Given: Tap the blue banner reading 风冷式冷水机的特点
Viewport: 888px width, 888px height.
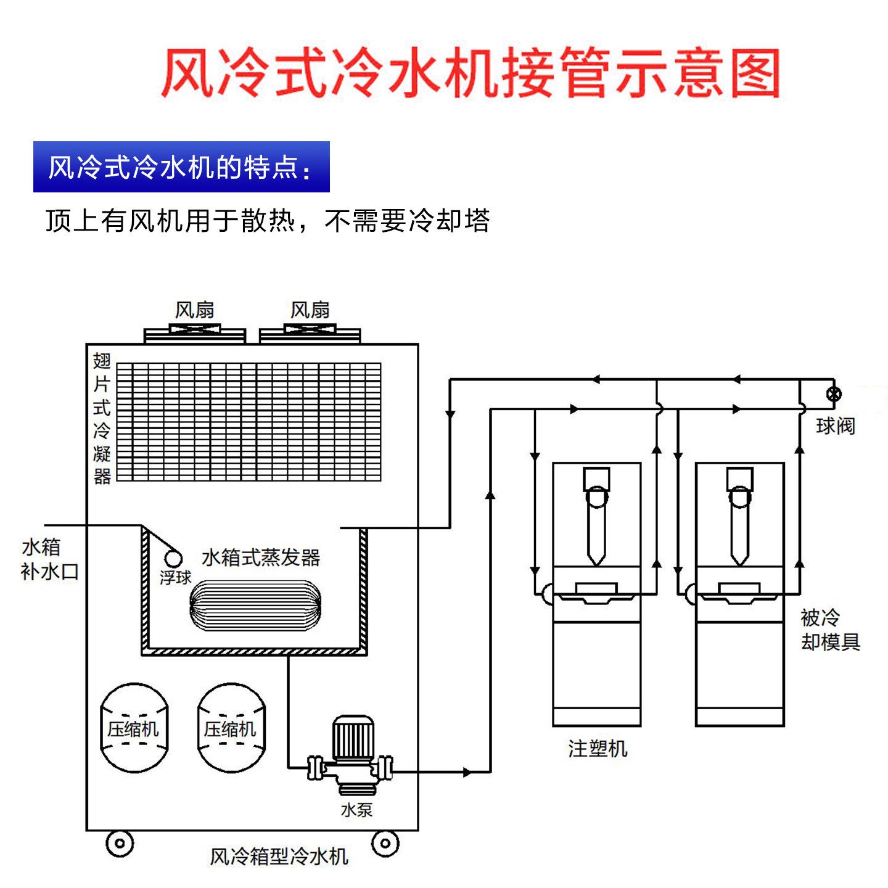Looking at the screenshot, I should pyautogui.click(x=181, y=167).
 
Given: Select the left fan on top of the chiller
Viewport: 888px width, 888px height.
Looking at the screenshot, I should pyautogui.click(x=195, y=333).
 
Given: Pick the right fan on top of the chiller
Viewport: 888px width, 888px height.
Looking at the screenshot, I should pyautogui.click(x=310, y=333).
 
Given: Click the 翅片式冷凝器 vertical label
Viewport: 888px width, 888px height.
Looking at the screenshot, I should pyautogui.click(x=102, y=418).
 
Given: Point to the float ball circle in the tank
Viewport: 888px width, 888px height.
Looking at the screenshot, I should pyautogui.click(x=173, y=558).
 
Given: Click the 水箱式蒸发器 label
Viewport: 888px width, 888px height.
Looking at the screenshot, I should pyautogui.click(x=261, y=557).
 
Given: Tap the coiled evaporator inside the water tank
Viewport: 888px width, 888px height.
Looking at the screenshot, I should pyautogui.click(x=255, y=605).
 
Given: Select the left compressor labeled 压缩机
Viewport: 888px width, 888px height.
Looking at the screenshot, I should pyautogui.click(x=134, y=728).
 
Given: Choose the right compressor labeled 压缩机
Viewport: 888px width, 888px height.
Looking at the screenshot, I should pyautogui.click(x=231, y=728).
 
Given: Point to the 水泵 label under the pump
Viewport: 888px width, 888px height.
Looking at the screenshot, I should pyautogui.click(x=356, y=810).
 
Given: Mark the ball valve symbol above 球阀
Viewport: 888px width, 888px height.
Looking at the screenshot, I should pyautogui.click(x=834, y=394).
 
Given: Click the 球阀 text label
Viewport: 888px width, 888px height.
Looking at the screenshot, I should pyautogui.click(x=835, y=425).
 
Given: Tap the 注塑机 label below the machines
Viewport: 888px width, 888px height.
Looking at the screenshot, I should pyautogui.click(x=597, y=749).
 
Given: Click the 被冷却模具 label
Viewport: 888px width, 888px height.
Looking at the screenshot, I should pyautogui.click(x=829, y=630).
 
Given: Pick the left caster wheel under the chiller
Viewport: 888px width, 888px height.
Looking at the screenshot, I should pyautogui.click(x=120, y=843).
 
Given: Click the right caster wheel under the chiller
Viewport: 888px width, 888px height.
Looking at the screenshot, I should pyautogui.click(x=385, y=842).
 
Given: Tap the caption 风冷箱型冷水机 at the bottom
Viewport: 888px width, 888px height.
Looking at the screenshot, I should pyautogui.click(x=279, y=856).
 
